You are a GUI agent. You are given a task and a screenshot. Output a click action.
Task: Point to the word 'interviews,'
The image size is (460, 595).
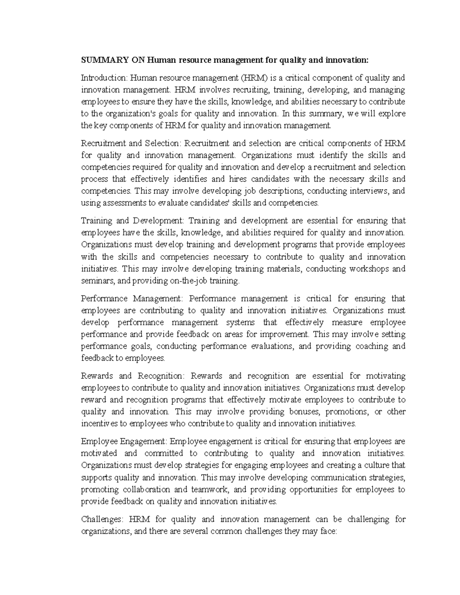(366, 191)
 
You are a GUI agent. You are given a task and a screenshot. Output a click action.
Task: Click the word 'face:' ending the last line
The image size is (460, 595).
(327, 531)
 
